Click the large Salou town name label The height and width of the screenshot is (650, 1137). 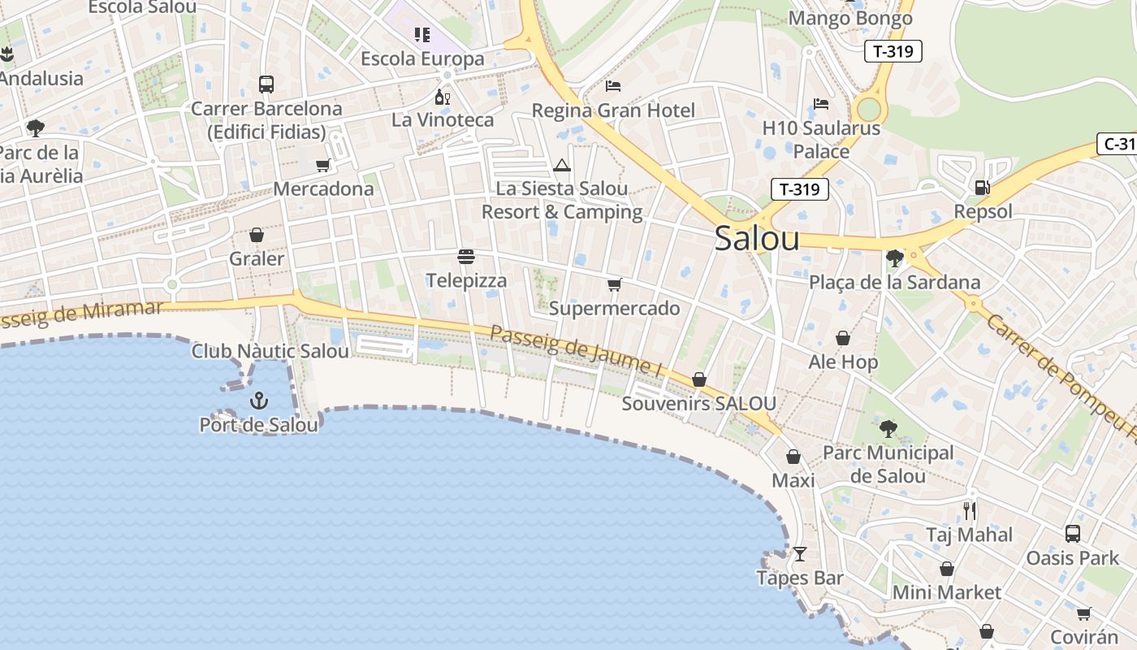(x=757, y=239)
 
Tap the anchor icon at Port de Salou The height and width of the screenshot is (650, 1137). (x=258, y=401)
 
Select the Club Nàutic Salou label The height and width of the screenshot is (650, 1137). (x=270, y=351)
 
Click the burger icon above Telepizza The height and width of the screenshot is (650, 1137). (x=466, y=257)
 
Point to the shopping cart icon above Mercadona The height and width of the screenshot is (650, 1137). (x=322, y=166)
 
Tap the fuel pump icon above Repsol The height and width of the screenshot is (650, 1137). (x=983, y=188)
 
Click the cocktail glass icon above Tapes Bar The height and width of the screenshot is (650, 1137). (x=800, y=554)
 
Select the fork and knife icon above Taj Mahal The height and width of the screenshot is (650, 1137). (x=970, y=511)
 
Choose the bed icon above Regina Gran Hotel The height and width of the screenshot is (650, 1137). (x=613, y=86)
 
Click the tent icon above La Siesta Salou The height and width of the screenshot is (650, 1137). (x=561, y=166)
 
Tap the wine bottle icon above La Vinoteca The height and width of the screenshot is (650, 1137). (x=442, y=97)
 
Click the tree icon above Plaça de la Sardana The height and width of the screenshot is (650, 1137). (x=895, y=258)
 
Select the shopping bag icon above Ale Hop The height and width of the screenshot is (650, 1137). (x=843, y=338)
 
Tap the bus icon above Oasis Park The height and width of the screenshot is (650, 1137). (x=1073, y=534)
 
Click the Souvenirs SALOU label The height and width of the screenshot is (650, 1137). (x=698, y=404)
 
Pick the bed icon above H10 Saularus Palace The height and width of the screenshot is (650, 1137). (x=821, y=104)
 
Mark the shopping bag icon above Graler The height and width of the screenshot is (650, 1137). (x=257, y=236)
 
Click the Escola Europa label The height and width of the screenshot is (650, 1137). (x=422, y=58)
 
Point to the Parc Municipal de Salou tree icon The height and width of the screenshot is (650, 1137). (x=888, y=428)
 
